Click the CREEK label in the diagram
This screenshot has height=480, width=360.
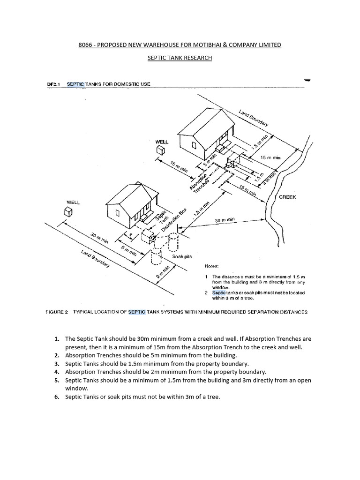tap(287, 197)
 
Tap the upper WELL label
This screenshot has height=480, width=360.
tap(162, 141)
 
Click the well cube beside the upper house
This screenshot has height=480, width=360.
tap(161, 150)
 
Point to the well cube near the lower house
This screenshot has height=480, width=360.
tap(69, 212)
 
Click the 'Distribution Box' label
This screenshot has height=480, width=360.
tap(177, 218)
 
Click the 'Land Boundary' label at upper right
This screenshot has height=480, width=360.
tap(254, 118)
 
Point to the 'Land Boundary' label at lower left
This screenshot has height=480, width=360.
tap(95, 259)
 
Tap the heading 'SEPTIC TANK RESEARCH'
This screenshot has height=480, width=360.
tap(180, 58)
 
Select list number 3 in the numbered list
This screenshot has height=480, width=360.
tap(56, 363)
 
